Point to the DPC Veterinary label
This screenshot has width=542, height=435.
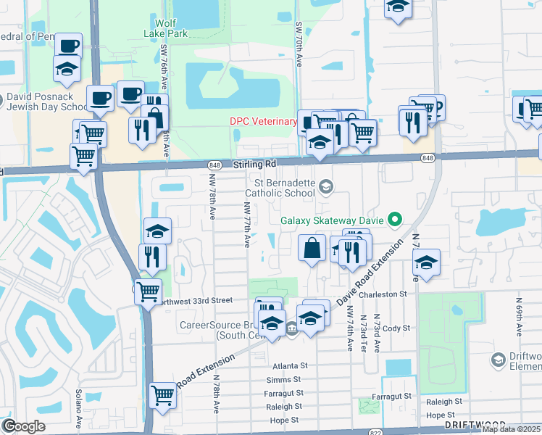click(x=264, y=121)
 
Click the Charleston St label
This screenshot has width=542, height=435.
click(x=387, y=294)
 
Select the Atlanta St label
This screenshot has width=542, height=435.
click(x=290, y=366)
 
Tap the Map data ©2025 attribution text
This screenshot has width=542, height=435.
click(x=512, y=429)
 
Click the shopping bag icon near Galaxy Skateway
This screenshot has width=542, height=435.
click(x=312, y=247)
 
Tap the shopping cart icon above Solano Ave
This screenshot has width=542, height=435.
click(x=163, y=396)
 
